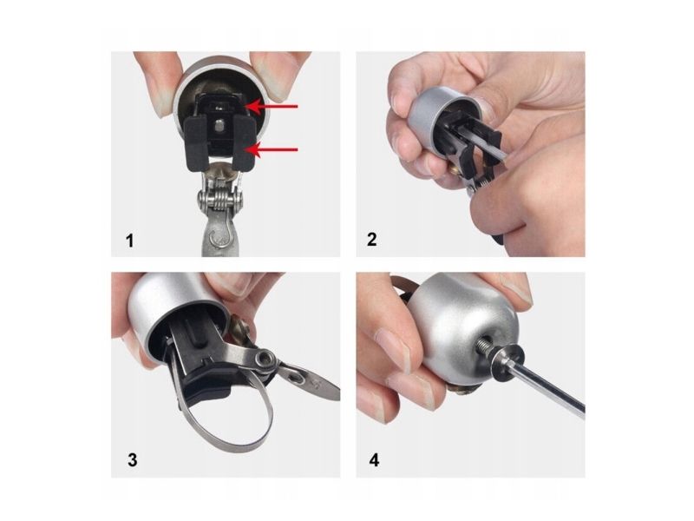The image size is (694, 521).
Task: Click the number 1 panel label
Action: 129,241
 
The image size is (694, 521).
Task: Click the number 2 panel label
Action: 372,240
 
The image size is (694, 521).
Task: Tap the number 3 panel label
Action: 133,460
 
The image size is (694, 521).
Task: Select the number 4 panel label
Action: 374,460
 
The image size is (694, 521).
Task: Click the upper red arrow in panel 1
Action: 272,106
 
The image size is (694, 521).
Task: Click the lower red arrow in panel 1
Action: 272,149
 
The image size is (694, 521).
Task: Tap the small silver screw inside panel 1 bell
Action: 220,126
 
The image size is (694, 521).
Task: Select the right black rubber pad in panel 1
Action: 243,142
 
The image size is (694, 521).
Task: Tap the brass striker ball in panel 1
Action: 220,168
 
